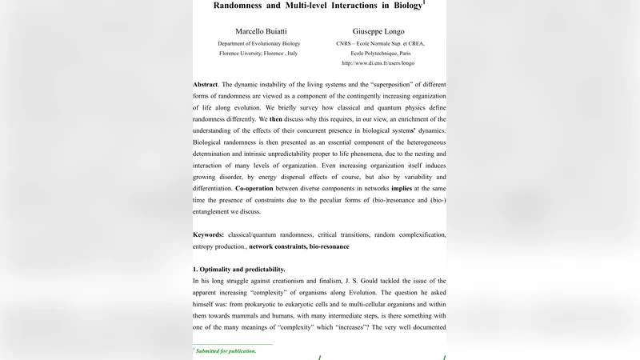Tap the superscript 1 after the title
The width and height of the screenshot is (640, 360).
(424, 2)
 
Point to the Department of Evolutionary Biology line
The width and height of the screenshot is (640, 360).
(258, 43)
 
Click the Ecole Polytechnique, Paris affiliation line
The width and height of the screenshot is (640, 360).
(378, 53)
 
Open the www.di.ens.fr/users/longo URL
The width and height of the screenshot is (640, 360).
(378, 62)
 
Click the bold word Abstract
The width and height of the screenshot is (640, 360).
(205, 85)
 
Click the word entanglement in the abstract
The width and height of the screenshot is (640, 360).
(217, 212)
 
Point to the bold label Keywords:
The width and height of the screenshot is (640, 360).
(210, 234)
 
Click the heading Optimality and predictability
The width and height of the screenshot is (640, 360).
(242, 270)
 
